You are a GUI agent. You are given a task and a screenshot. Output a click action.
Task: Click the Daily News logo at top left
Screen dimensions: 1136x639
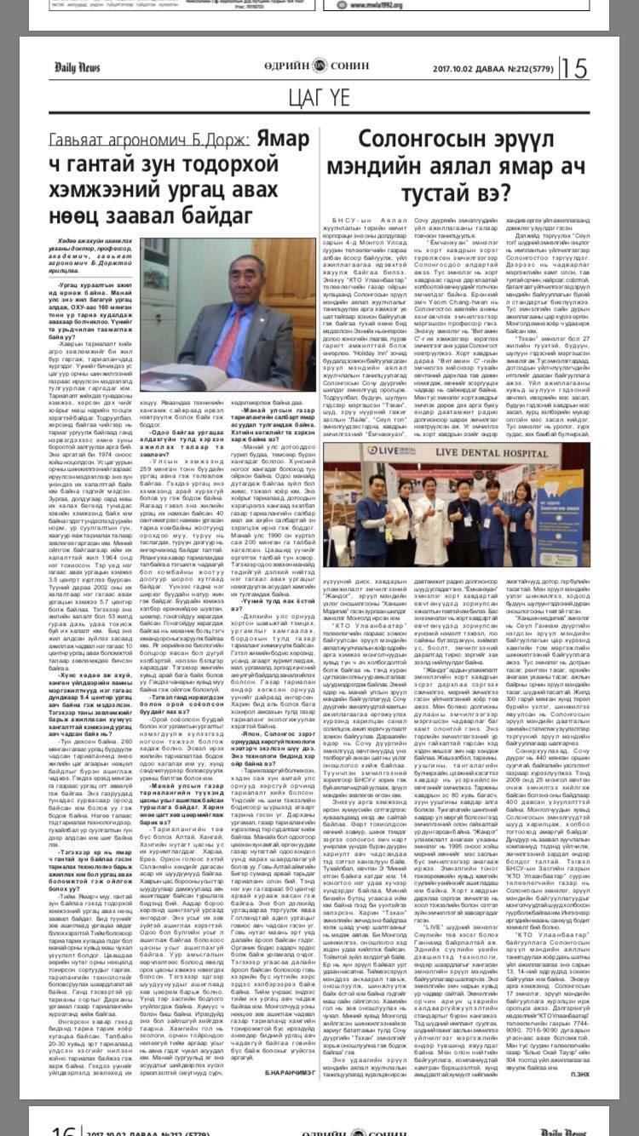78,67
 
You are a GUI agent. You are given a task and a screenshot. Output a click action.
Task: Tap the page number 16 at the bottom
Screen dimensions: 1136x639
64,1127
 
